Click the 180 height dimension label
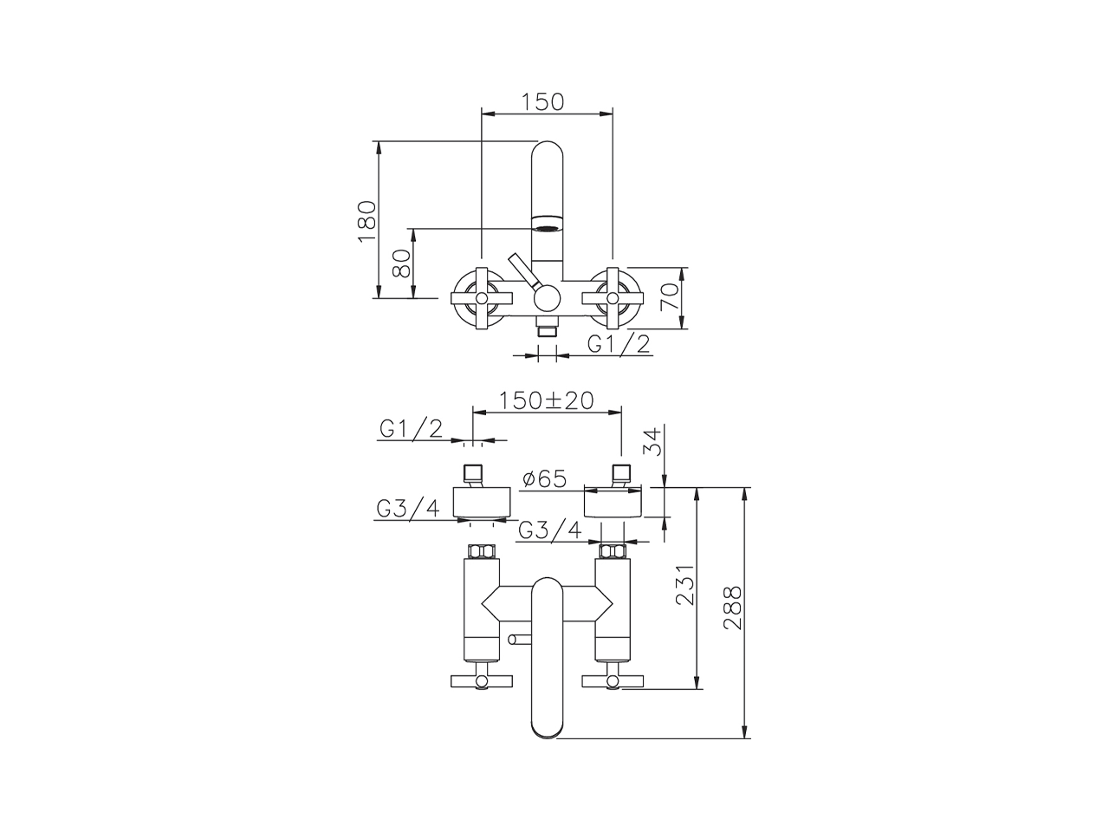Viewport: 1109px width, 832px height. click(367, 222)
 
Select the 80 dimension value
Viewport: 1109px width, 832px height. click(402, 263)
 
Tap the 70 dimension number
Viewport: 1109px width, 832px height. click(670, 297)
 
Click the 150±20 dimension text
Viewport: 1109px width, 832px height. click(546, 400)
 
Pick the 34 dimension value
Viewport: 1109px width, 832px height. click(654, 441)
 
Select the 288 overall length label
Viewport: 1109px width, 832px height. click(733, 608)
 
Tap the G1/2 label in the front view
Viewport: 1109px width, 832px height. click(619, 344)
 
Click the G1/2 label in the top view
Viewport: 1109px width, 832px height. click(411, 429)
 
